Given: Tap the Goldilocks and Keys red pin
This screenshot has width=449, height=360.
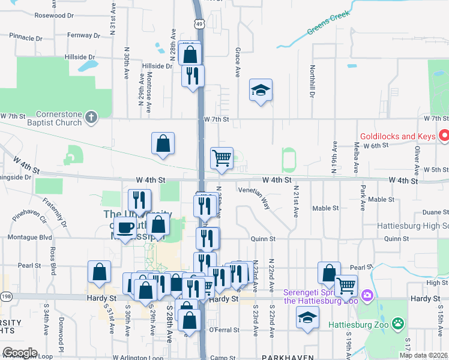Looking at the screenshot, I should [444, 136].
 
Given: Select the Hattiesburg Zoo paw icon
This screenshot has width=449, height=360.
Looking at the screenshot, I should [397, 324].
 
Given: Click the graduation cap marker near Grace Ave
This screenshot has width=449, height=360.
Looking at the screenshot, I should [260, 90].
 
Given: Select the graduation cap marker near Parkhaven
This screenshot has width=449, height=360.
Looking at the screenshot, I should [308, 317].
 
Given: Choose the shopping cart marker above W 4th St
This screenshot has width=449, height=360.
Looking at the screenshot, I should [221, 158].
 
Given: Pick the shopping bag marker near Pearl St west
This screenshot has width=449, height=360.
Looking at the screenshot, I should [99, 271].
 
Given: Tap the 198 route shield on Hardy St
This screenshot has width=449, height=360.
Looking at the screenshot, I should [6, 296].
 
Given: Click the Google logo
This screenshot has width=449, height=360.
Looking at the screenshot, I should [19, 353].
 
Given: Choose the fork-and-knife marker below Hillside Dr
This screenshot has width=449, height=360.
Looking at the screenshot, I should [193, 76].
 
